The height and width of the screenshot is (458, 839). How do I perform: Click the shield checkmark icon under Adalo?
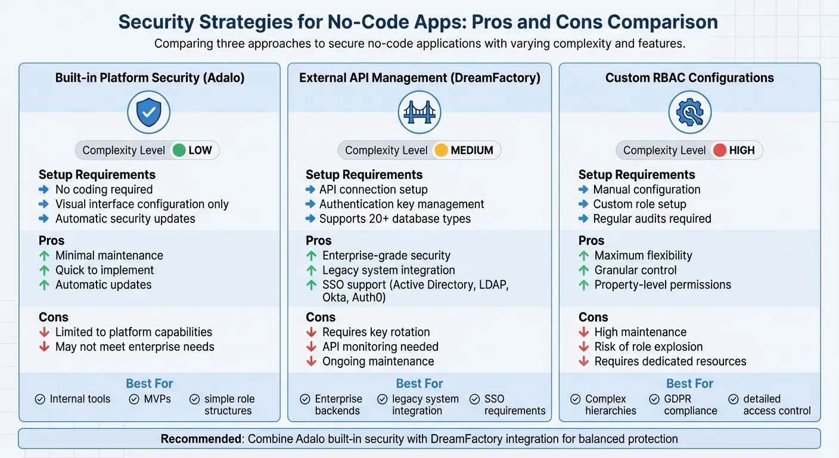pos(149,112)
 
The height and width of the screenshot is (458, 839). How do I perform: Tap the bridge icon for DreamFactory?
pos(419,112)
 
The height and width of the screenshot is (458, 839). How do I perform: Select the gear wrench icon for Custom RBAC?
pos(689,112)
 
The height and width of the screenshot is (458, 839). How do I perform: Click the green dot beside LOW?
pos(178,150)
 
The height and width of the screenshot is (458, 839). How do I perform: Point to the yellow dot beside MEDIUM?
pos(441,150)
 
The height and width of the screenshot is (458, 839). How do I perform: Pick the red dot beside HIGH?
pos(719,150)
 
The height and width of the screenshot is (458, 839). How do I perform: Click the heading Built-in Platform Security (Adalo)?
pos(149,78)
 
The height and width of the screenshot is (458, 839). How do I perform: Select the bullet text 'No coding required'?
pos(104,190)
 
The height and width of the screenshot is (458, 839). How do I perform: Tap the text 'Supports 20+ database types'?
pos(394,219)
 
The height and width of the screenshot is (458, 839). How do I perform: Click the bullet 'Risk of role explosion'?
pos(648,347)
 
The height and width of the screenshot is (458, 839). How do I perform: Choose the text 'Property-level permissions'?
pos(663,285)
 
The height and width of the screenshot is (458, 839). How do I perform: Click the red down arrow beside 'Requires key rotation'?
pos(311,332)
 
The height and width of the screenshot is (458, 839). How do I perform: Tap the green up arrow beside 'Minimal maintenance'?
pos(44,256)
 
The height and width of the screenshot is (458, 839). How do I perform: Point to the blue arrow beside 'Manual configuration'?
pos(584,190)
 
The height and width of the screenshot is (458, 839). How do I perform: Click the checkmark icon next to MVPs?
pos(134,399)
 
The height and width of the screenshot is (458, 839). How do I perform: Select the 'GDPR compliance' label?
pos(691,405)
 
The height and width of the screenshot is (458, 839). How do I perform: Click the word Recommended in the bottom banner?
pos(201,439)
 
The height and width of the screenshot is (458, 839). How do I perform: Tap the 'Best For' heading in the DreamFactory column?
pos(419,383)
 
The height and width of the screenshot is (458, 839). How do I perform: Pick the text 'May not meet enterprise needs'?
pos(135,347)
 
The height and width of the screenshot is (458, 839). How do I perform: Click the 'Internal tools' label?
pos(80,399)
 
